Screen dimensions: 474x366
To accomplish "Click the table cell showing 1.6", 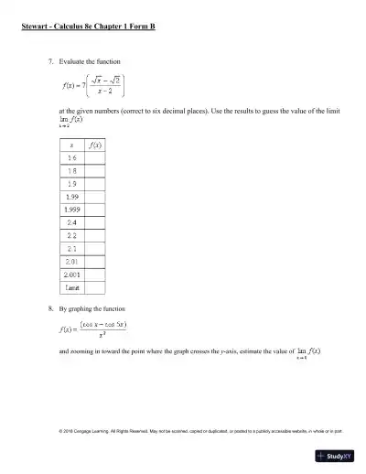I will pos(71,158).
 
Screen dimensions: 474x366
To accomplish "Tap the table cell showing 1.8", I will pos(71,171).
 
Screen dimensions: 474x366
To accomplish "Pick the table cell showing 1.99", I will pos(71,196).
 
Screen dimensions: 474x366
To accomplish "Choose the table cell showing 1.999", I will pos(71,209).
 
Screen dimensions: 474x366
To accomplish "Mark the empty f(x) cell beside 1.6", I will pos(95,158).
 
